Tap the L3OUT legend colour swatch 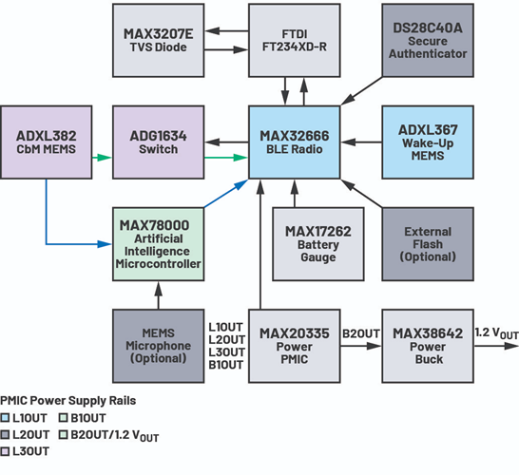tap(6, 451)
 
